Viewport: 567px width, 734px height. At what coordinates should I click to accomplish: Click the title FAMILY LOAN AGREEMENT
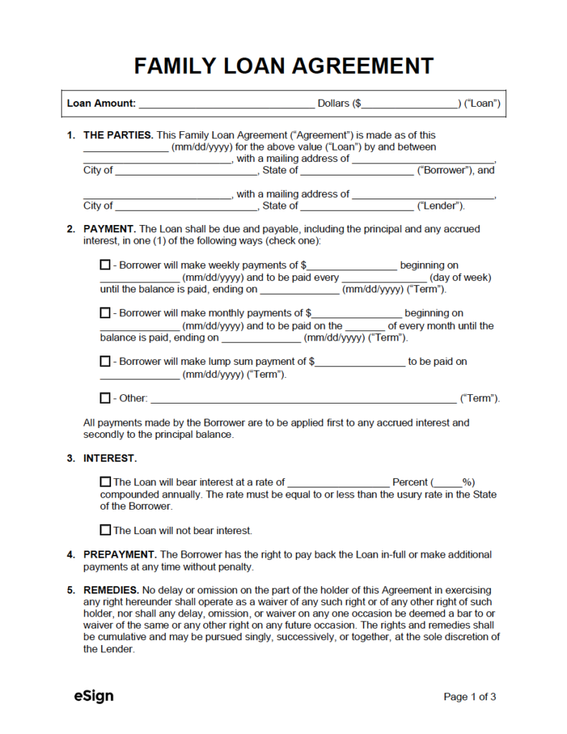point(283,66)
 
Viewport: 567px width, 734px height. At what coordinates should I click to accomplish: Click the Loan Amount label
point(101,103)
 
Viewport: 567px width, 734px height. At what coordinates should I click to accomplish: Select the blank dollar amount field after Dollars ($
point(409,104)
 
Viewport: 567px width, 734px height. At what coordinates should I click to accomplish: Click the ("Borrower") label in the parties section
point(444,171)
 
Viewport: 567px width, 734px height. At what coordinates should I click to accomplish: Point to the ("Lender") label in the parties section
point(440,206)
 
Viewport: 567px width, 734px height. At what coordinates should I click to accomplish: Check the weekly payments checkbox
point(105,265)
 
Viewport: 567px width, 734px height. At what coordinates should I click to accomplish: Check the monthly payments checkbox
point(105,313)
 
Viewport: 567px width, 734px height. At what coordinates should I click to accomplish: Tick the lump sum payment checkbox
point(105,362)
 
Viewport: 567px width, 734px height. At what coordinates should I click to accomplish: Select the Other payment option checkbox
point(105,398)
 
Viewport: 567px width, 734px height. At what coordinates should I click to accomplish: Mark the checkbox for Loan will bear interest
point(105,482)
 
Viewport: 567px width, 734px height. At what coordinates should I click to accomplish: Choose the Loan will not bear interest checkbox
point(105,530)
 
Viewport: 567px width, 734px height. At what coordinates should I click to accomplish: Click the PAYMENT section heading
point(109,229)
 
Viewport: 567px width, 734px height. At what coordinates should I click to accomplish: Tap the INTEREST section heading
point(110,458)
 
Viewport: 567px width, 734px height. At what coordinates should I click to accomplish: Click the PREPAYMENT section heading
point(120,555)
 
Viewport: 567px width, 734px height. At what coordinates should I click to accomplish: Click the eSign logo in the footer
point(93,696)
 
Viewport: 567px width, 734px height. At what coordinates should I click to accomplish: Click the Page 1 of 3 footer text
point(470,697)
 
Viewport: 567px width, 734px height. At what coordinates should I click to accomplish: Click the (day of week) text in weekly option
point(460,277)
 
